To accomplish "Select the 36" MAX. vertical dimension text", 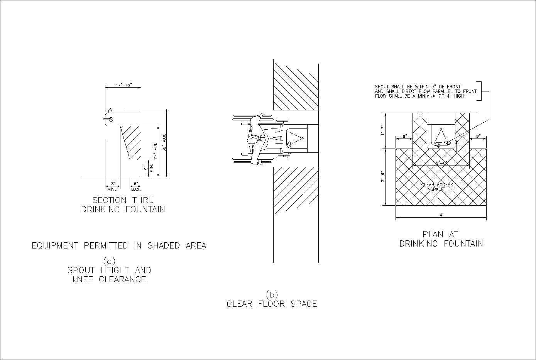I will click(164, 143).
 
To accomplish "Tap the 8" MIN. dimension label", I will click(112, 186).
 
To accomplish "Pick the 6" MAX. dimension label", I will click(136, 186).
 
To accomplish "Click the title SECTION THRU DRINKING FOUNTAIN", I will click(123, 205).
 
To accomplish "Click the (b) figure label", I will click(272, 294).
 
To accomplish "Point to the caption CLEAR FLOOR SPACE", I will click(272, 304).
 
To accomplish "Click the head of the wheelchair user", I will click(253, 139).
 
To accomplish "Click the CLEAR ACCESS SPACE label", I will click(437, 187).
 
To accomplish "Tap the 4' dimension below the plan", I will click(441, 215).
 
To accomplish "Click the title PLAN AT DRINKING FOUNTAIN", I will click(441, 239).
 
